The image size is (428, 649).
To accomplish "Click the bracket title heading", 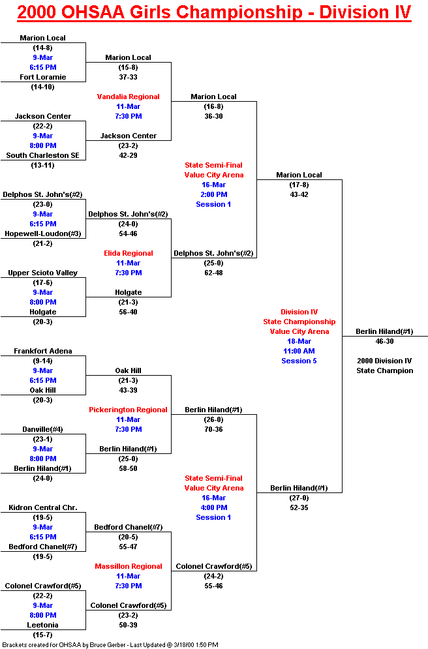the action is (x=214, y=12).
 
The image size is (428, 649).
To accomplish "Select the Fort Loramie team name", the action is (x=42, y=77).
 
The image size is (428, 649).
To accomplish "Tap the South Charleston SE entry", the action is (x=42, y=155).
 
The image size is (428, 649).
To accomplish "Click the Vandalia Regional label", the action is (x=129, y=97).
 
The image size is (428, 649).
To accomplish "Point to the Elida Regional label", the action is (x=129, y=253).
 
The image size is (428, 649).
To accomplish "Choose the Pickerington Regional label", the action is (x=129, y=410).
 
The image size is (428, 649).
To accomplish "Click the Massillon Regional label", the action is (x=129, y=566).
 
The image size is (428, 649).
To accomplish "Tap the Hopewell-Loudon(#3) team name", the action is (x=42, y=234).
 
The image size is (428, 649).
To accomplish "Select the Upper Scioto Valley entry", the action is (x=42, y=273).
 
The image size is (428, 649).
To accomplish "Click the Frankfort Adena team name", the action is (x=42, y=351).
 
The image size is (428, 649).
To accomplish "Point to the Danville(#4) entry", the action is (x=42, y=429).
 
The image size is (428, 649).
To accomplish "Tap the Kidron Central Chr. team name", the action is (x=42, y=507).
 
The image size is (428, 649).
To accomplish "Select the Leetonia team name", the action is (x=42, y=625).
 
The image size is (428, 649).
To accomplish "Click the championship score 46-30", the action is (x=384, y=341).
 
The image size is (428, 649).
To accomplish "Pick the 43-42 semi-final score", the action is (x=299, y=194).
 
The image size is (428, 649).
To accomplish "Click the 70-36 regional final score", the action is (x=213, y=429).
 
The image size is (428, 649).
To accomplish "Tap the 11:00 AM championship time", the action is (x=299, y=351).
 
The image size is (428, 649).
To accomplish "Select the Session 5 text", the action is (x=299, y=361).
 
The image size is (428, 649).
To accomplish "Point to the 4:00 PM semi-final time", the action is (x=213, y=507).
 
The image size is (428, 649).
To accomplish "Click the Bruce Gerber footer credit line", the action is (x=110, y=644).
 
